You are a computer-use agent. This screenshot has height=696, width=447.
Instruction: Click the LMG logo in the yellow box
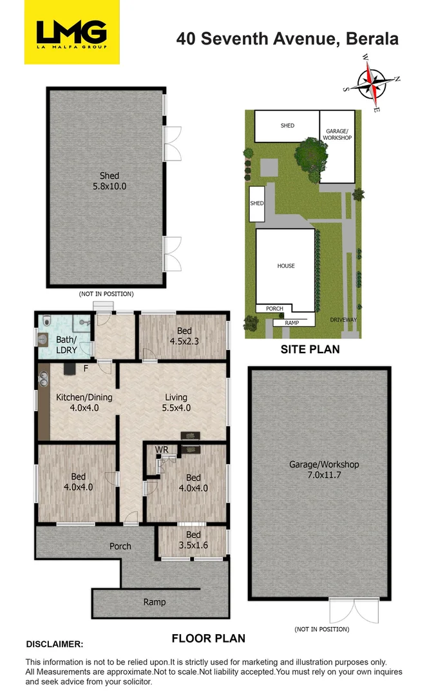coord(71,32)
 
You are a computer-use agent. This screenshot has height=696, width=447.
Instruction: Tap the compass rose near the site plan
coord(372,82)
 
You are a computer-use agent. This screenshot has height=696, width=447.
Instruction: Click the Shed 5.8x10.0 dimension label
coord(109,181)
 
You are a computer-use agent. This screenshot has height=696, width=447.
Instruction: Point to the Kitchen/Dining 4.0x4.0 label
coord(84,402)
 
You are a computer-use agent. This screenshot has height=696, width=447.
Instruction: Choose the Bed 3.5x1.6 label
coord(193,539)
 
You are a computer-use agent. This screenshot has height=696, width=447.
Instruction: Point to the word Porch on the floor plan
coord(120,546)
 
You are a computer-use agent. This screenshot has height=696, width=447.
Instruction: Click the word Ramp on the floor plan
coord(155,602)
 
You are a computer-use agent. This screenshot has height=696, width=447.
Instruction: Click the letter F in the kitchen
coord(86,369)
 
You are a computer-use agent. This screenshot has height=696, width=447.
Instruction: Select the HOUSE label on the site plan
coord(286,266)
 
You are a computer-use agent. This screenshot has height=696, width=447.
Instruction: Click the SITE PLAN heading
coord(310,350)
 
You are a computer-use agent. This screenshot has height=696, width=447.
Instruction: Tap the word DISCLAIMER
coord(55,644)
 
